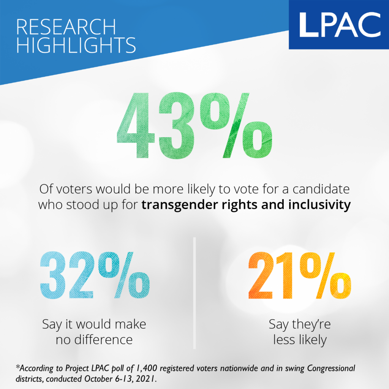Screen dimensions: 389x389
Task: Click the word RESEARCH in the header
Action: point(66,27)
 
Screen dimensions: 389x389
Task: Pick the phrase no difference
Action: point(94,339)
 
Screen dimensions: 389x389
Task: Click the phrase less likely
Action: point(300,339)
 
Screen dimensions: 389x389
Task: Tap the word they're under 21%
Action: point(313,325)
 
